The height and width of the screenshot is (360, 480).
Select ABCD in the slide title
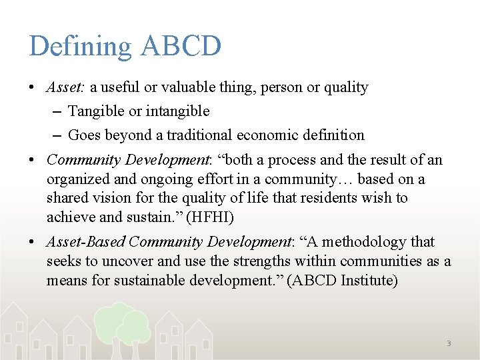[181, 46]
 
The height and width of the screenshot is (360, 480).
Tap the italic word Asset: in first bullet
[65, 87]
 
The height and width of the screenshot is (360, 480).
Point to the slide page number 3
[449, 343]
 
